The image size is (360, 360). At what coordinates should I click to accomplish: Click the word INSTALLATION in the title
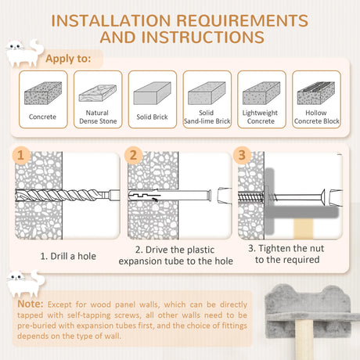pyautogui.click(x=111, y=20)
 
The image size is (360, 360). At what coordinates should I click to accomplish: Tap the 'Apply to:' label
pyautogui.click(x=68, y=59)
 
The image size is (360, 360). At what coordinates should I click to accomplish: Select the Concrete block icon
pyautogui.click(x=43, y=93)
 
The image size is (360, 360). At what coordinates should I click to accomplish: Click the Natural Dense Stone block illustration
pyautogui.click(x=98, y=93)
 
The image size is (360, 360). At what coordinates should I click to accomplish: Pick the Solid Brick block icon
pyautogui.click(x=153, y=93)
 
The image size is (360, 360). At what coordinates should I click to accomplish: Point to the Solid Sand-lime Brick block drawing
pyautogui.click(x=207, y=93)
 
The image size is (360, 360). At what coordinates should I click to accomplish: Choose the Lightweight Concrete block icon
pyautogui.click(x=261, y=93)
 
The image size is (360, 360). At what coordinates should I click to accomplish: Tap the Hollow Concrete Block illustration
pyautogui.click(x=316, y=93)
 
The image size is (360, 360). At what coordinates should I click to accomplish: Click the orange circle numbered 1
pyautogui.click(x=21, y=156)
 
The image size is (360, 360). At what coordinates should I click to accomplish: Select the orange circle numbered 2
pyautogui.click(x=133, y=156)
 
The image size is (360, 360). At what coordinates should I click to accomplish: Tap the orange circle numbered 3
pyautogui.click(x=242, y=156)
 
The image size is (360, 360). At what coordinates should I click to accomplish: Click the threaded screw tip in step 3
pyautogui.click(x=251, y=196)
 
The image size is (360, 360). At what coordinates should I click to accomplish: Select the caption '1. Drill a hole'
pyautogui.click(x=68, y=256)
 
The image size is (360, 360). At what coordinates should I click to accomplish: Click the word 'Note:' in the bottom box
pyautogui.click(x=31, y=304)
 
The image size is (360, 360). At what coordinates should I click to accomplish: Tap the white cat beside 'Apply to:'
pyautogui.click(x=24, y=53)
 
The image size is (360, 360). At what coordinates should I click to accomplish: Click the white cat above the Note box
pyautogui.click(x=26, y=284)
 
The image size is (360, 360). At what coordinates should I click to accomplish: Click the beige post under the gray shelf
pyautogui.click(x=304, y=340)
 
